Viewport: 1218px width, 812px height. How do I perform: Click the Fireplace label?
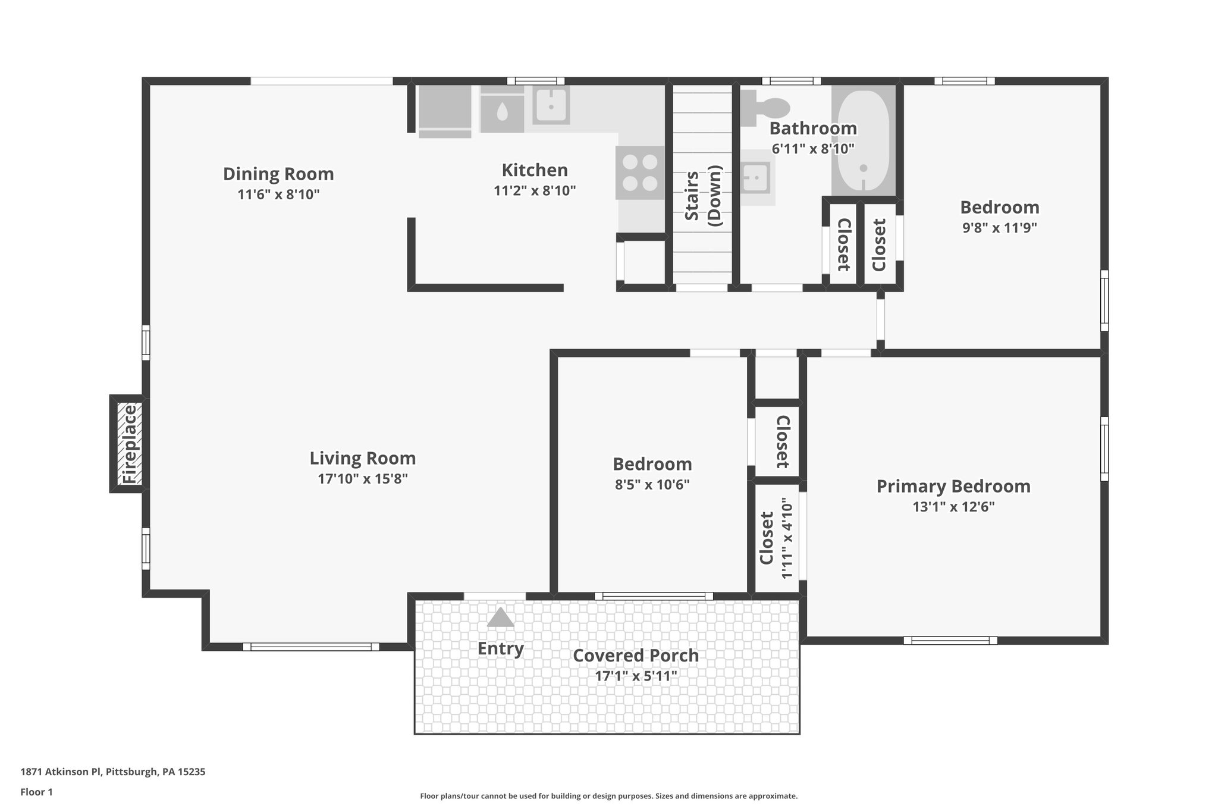129,444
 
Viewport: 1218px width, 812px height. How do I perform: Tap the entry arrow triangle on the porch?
500,617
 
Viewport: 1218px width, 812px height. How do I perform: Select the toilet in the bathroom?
767,108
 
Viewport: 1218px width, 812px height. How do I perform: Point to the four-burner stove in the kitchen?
640,173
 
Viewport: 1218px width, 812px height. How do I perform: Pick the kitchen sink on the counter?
551,105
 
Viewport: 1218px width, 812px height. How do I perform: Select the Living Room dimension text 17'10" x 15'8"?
362,479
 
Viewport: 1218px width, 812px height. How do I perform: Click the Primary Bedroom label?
953,486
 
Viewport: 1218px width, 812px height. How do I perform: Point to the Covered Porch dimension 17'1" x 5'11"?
636,676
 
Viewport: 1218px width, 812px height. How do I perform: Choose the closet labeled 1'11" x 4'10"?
776,538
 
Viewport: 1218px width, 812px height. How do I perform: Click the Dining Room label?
278,174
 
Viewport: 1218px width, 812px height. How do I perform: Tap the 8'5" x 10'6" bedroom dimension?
652,485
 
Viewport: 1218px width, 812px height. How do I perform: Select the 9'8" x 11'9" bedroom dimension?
999,228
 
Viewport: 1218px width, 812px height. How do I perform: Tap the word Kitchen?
535,170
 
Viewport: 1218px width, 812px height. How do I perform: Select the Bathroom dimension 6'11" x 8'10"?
813,149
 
